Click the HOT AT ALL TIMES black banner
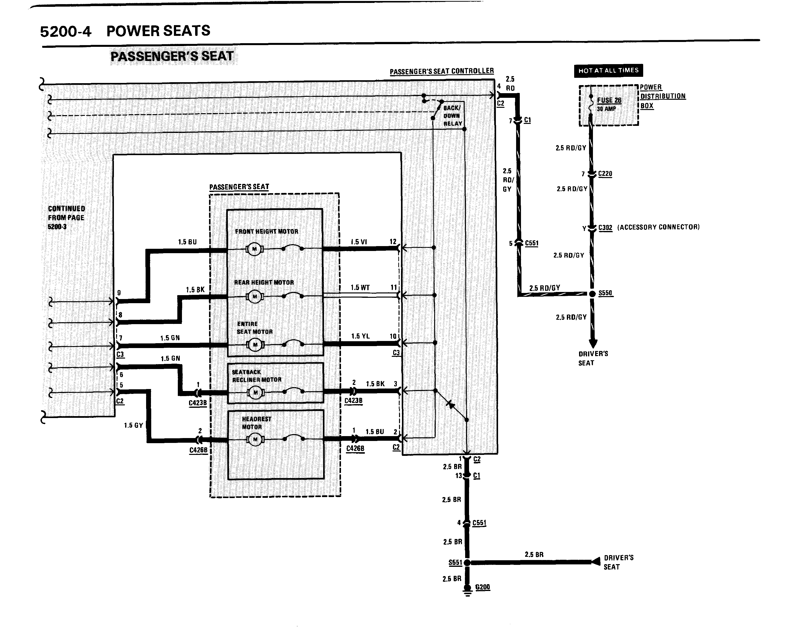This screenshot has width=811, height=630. pyautogui.click(x=608, y=70)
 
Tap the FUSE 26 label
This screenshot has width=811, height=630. pyautogui.click(x=609, y=100)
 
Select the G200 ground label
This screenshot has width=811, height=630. pyautogui.click(x=482, y=587)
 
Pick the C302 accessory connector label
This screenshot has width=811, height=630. pyautogui.click(x=605, y=228)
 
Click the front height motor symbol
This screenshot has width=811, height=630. pyautogui.click(x=255, y=249)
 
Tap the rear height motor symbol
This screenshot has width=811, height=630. pyautogui.click(x=255, y=296)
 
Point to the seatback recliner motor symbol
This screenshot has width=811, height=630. pyautogui.click(x=255, y=392)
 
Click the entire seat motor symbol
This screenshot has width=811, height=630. pyautogui.click(x=255, y=345)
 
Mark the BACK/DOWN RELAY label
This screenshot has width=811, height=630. pyautogui.click(x=452, y=115)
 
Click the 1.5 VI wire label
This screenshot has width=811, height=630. pyautogui.click(x=359, y=242)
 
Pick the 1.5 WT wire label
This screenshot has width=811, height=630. pyautogui.click(x=360, y=288)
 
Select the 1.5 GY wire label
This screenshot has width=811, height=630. pyautogui.click(x=133, y=425)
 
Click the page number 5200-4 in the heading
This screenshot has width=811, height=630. pyautogui.click(x=65, y=31)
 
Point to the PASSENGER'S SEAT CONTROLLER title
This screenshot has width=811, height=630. pyautogui.click(x=441, y=71)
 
